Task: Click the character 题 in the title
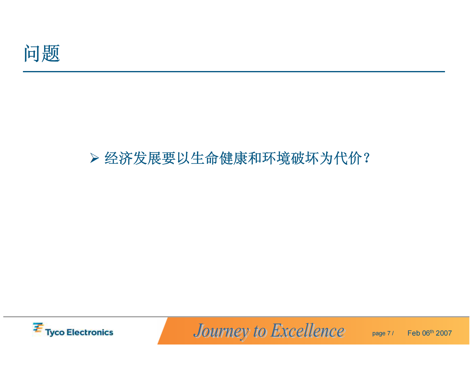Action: [x=51, y=54]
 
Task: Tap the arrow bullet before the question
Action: [x=94, y=158]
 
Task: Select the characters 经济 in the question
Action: [x=118, y=158]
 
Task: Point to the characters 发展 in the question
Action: [x=147, y=158]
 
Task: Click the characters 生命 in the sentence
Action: [x=204, y=158]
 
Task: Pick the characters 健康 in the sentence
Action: [x=233, y=158]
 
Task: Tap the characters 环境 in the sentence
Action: [x=276, y=158]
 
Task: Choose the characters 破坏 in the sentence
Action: [x=305, y=158]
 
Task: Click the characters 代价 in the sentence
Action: [x=348, y=158]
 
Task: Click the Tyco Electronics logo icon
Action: [x=38, y=328]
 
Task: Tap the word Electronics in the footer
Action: [x=90, y=332]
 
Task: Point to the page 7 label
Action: [x=381, y=333]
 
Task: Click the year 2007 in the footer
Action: [x=444, y=333]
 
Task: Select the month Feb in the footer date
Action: [x=414, y=333]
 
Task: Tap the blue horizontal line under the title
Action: [x=234, y=72]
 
